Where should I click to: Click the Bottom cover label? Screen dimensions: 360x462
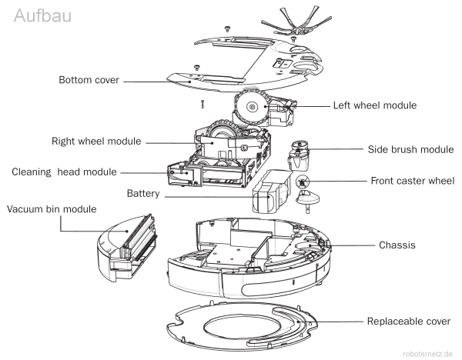tap(90, 79)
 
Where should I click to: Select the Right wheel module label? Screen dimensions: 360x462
tap(98, 142)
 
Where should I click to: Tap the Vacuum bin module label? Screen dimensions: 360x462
tap(49, 208)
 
